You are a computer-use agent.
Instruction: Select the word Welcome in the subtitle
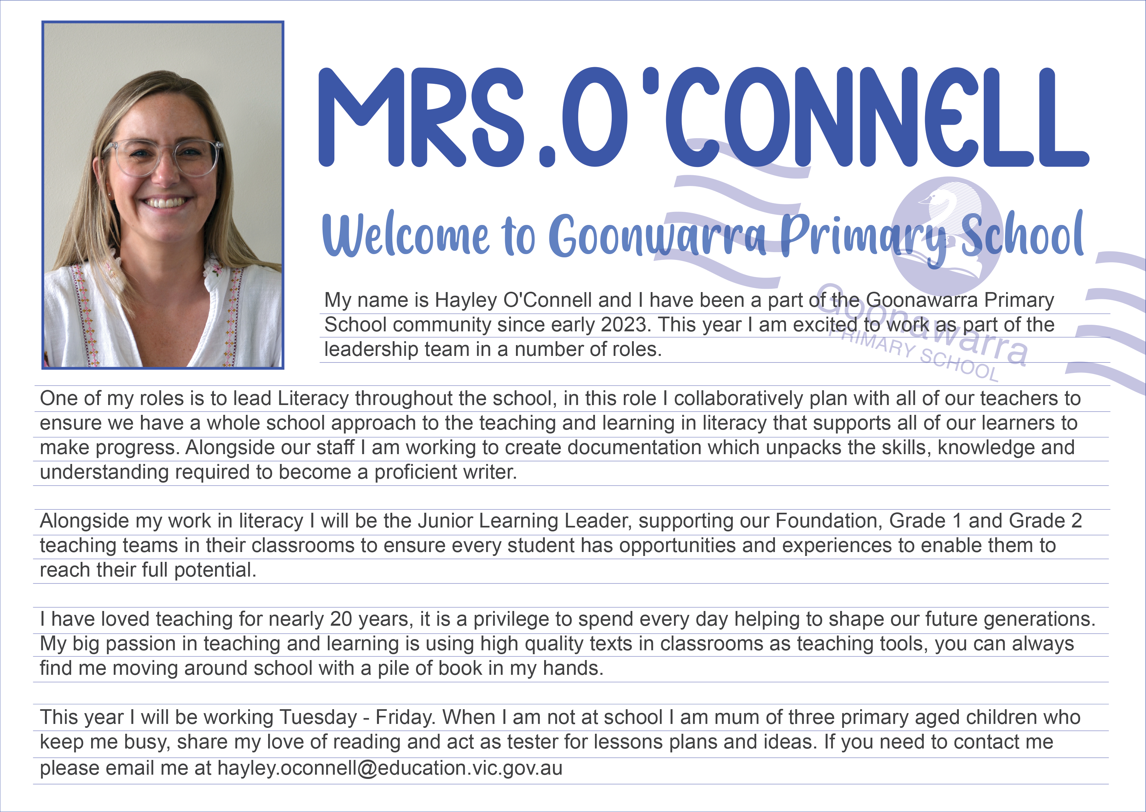(405, 235)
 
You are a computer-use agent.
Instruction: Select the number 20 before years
(341, 619)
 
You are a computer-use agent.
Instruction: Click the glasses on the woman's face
(165, 157)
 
